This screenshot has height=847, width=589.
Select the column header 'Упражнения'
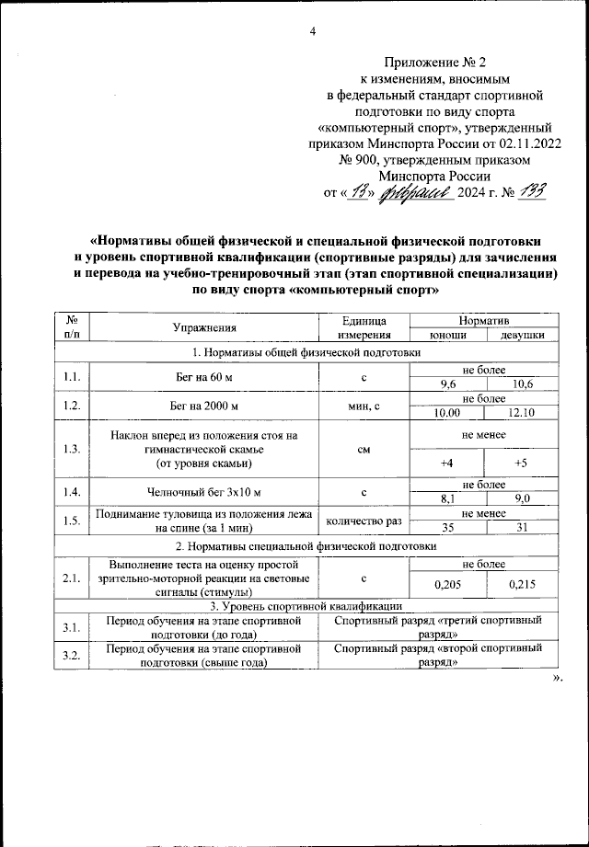coord(204,327)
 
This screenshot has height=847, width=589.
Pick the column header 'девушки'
coord(522,336)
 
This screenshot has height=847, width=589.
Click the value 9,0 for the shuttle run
coord(521,498)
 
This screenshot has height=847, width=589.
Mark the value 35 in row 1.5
coord(448,527)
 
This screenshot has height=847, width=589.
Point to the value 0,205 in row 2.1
coord(448,584)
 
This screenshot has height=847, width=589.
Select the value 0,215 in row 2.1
coord(521,584)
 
